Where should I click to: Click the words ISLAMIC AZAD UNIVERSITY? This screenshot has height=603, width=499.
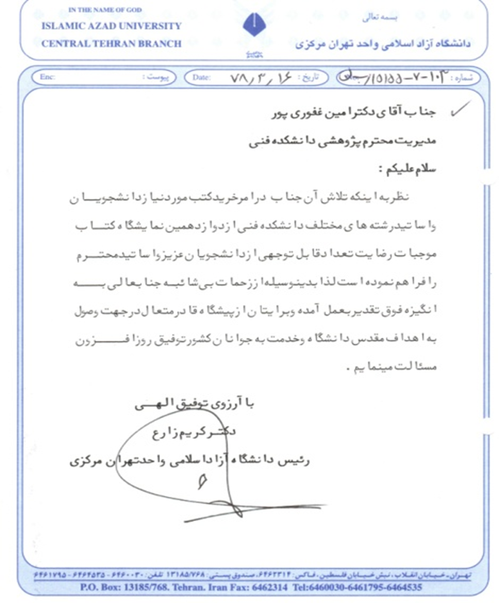pyautogui.click(x=111, y=26)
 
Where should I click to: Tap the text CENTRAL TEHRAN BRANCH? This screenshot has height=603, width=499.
pyautogui.click(x=111, y=44)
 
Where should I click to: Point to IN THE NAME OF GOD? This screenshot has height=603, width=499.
pyautogui.click(x=105, y=10)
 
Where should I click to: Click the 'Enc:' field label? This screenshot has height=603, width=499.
pyautogui.click(x=47, y=77)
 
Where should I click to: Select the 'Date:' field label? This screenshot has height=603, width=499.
pyautogui.click(x=201, y=77)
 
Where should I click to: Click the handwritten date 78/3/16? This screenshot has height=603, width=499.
pyautogui.click(x=261, y=78)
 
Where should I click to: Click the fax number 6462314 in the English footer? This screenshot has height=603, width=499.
pyautogui.click(x=269, y=587)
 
